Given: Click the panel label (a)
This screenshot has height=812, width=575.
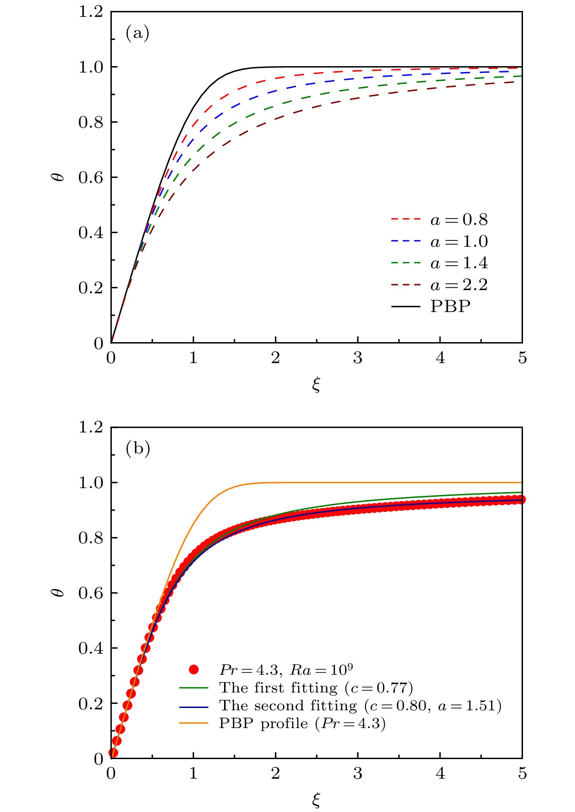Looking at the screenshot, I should pyautogui.click(x=137, y=33).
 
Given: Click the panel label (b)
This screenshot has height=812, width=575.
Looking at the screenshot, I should pyautogui.click(x=137, y=449).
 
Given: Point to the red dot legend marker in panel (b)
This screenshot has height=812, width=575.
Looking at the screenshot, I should pyautogui.click(x=194, y=670).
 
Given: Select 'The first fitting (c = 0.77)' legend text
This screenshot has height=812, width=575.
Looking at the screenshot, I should pyautogui.click(x=316, y=687).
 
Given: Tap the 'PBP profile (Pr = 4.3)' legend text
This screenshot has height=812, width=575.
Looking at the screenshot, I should pyautogui.click(x=302, y=724).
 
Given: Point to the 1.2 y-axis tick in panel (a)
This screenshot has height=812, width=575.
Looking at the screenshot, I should pyautogui.click(x=91, y=12).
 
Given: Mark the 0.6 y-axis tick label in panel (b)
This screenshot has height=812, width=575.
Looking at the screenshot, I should pyautogui.click(x=91, y=593).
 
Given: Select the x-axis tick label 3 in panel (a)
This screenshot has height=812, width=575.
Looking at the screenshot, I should pyautogui.click(x=358, y=359).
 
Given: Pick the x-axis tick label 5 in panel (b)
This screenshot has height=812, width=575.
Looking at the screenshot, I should pyautogui.click(x=522, y=774).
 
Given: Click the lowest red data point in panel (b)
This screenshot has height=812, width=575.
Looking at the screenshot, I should pyautogui.click(x=113, y=752).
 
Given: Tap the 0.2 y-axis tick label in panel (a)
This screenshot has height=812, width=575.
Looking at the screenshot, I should pyautogui.click(x=91, y=288).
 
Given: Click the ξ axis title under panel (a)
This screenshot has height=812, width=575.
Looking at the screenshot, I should pyautogui.click(x=316, y=385).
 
